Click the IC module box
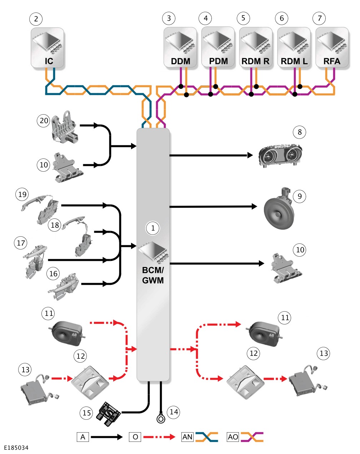(x=47, y=48)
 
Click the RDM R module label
(x=255, y=61)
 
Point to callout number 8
(x=299, y=132)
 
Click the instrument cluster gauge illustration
(x=280, y=156)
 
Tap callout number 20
(x=44, y=121)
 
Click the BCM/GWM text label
(x=153, y=275)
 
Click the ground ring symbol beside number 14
(x=161, y=419)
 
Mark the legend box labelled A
(x=83, y=437)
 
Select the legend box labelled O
(x=135, y=437)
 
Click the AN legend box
(x=187, y=437)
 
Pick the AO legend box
(x=233, y=437)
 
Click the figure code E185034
(x=16, y=448)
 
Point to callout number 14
(x=174, y=412)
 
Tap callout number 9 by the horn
(x=300, y=196)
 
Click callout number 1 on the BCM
(x=153, y=228)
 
